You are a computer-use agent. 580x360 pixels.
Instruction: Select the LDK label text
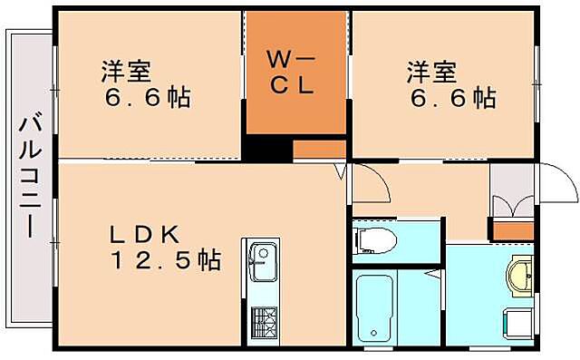[145, 234]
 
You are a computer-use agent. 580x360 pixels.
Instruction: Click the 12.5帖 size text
[165, 261]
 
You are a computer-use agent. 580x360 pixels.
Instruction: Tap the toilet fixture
[375, 240]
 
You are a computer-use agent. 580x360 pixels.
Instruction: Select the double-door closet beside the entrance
[511, 192]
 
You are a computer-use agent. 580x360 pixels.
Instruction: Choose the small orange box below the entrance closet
[512, 230]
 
